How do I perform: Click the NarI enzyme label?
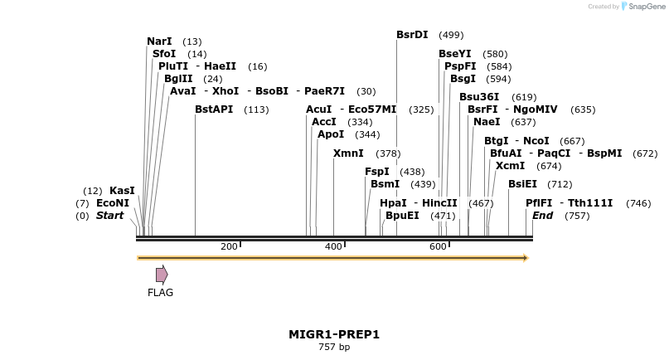pyautogui.click(x=159, y=41)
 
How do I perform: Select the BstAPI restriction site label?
pyautogui.click(x=214, y=109)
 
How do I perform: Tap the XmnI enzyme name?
pyautogui.click(x=347, y=153)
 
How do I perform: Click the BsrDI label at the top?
pyautogui.click(x=412, y=35)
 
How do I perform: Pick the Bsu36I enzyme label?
pyautogui.click(x=479, y=97)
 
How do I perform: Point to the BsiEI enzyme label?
pyautogui.click(x=522, y=184)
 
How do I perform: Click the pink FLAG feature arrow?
pyautogui.click(x=162, y=274)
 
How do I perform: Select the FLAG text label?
pyautogui.click(x=160, y=293)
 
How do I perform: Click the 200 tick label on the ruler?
pyautogui.click(x=229, y=246)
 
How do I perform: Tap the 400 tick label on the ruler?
pyautogui.click(x=333, y=246)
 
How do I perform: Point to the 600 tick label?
pyautogui.click(x=438, y=246)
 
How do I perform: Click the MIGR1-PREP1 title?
pyautogui.click(x=334, y=334)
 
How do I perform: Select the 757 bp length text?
pyautogui.click(x=334, y=347)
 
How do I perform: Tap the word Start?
pyautogui.click(x=109, y=216)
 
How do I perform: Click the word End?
pyautogui.click(x=542, y=216)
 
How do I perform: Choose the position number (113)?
pyautogui.click(x=256, y=110)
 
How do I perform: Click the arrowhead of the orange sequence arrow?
pyautogui.click(x=524, y=258)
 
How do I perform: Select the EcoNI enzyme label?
pyautogui.click(x=113, y=203)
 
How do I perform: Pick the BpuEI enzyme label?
pyautogui.click(x=402, y=216)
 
